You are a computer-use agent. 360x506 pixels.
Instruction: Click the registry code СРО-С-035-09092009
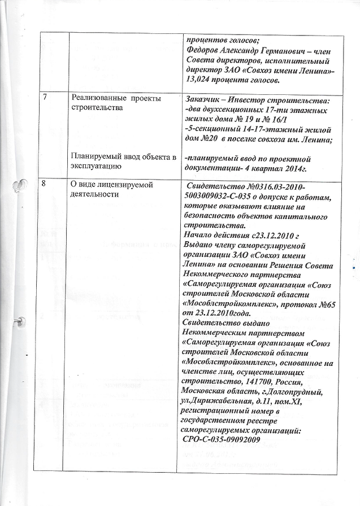[222, 439]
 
